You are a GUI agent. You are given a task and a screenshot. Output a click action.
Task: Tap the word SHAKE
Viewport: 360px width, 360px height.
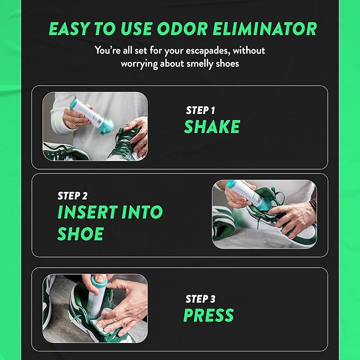point(212,127)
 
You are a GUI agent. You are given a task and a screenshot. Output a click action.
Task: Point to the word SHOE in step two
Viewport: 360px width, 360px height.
point(81,234)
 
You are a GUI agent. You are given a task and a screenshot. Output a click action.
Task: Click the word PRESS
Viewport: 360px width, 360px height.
point(208,315)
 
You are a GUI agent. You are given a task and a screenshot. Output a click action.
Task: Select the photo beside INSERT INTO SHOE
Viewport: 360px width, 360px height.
point(264,214)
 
